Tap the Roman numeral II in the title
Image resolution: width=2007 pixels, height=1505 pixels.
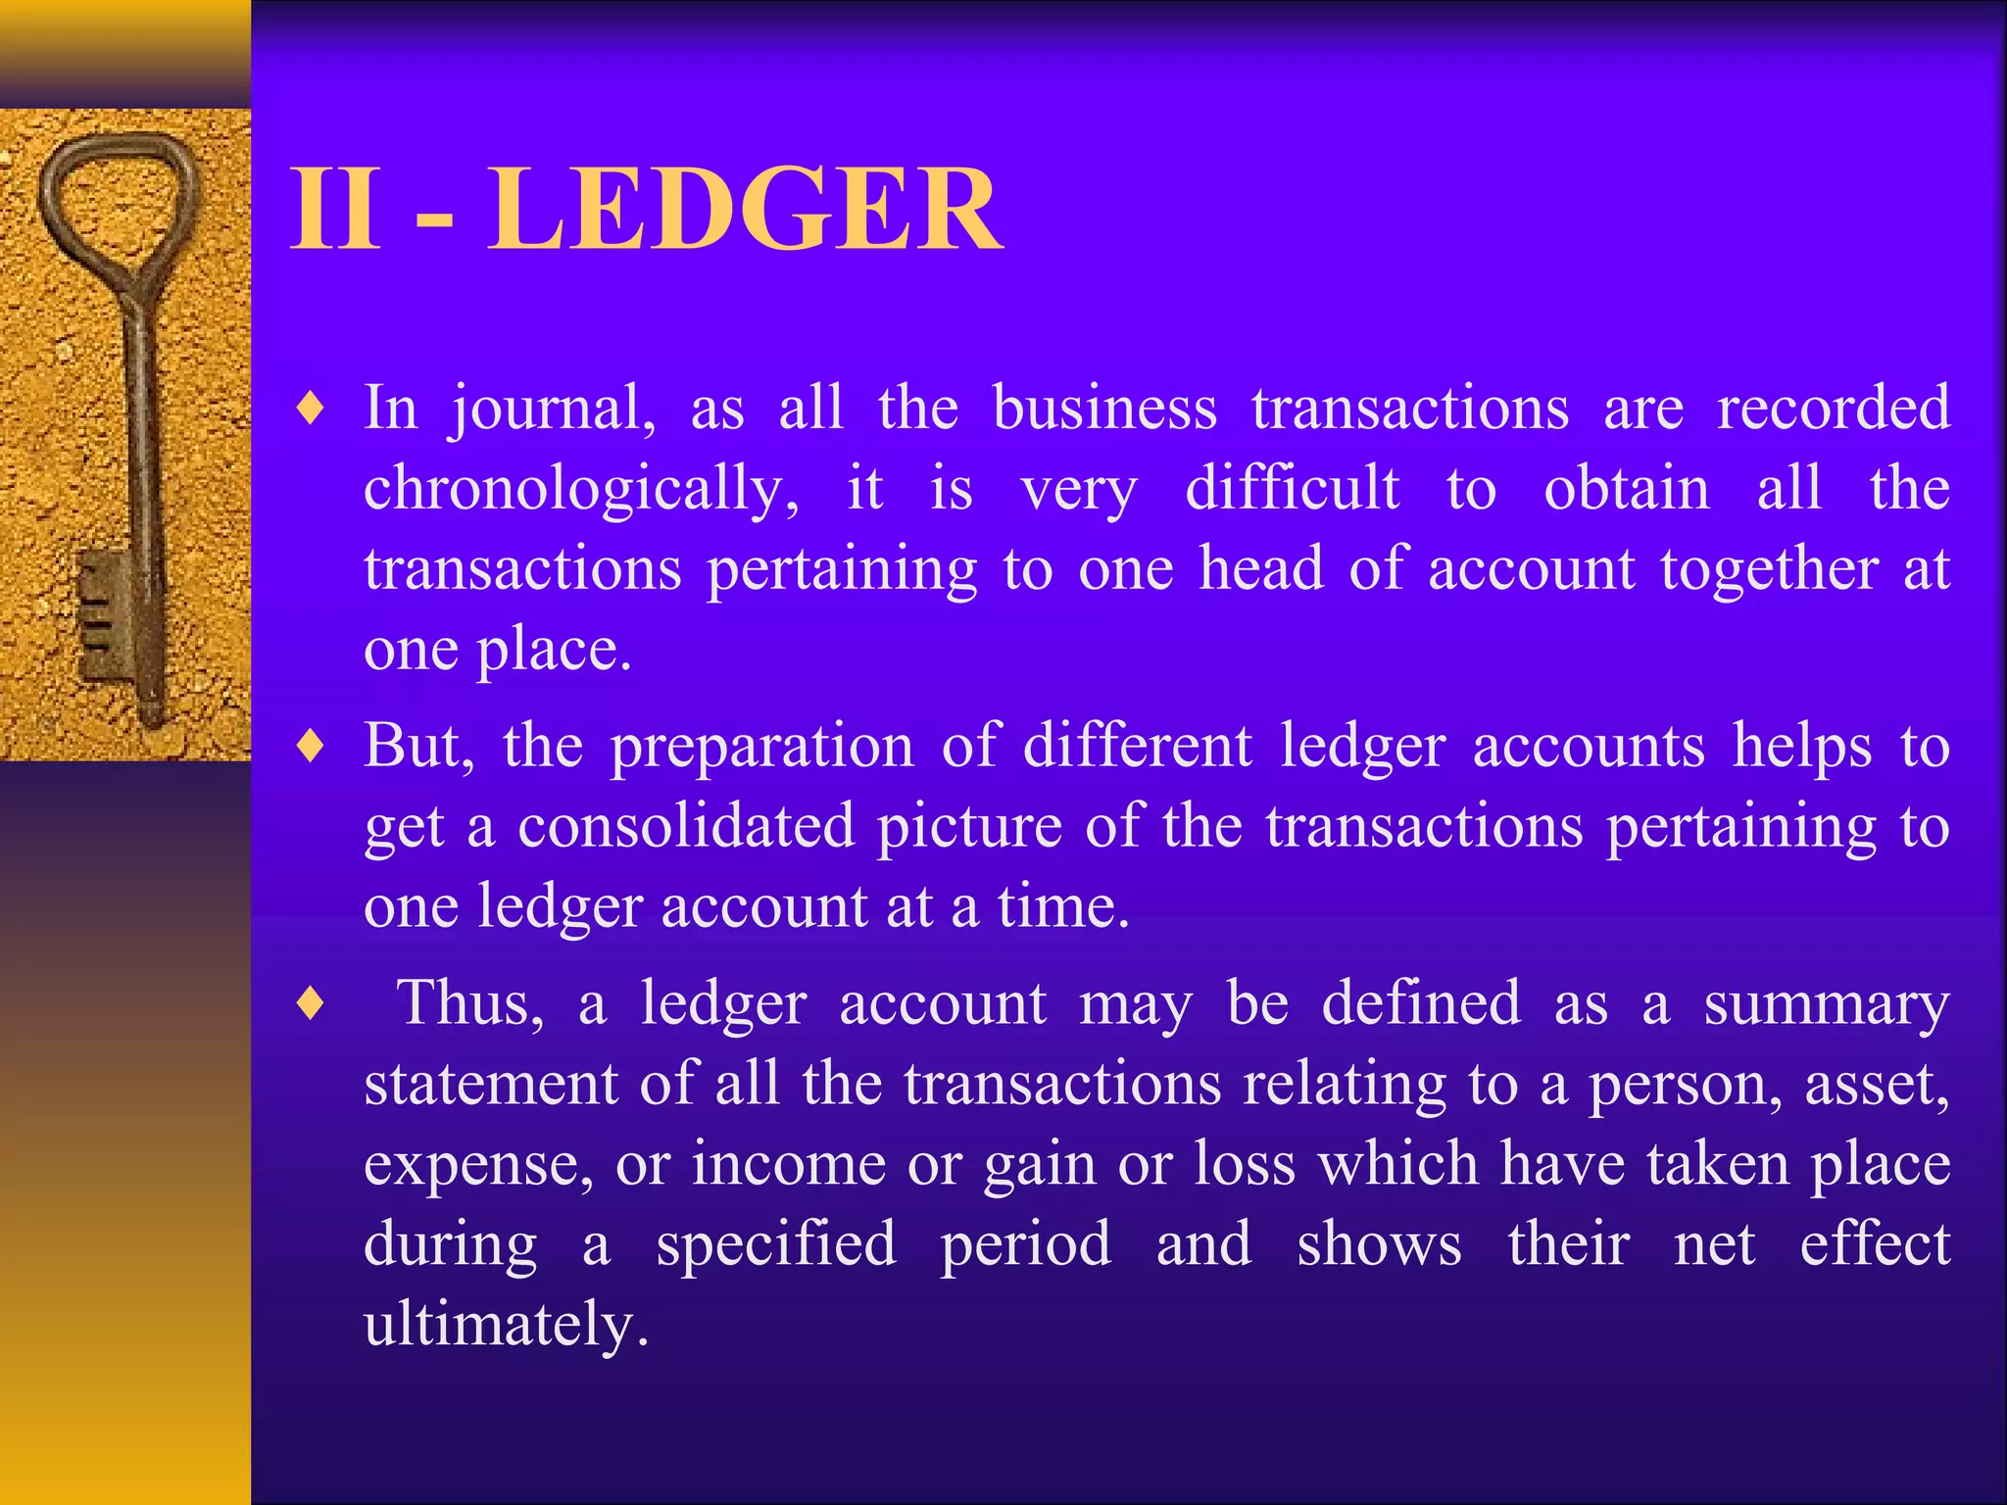click(x=335, y=209)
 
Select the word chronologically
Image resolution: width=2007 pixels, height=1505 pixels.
click(x=580, y=489)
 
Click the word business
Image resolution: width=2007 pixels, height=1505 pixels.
click(x=1104, y=408)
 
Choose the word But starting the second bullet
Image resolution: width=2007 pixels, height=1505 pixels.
click(x=418, y=747)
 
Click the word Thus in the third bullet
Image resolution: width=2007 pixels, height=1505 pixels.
click(x=468, y=1004)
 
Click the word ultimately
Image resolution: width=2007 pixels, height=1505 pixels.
click(x=505, y=1326)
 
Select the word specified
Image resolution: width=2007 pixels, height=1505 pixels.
click(x=776, y=1246)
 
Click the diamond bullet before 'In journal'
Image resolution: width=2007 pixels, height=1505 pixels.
click(x=311, y=410)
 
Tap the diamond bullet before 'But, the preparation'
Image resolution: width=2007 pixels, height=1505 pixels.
click(x=311, y=748)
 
